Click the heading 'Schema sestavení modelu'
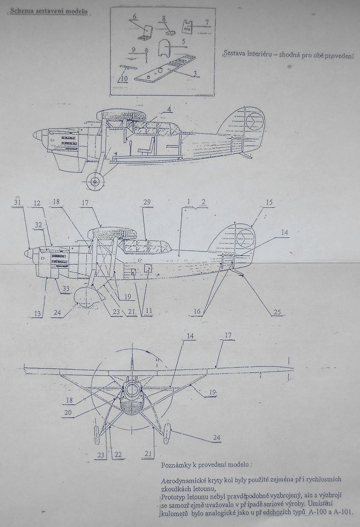48,10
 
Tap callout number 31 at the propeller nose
18,203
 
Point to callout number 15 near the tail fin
269,203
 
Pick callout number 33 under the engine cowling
65,289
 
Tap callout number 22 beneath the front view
118,454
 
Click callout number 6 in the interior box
134,17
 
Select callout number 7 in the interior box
206,22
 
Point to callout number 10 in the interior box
125,79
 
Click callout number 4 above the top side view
169,109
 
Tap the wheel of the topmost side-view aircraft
95,181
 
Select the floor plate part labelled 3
165,68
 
